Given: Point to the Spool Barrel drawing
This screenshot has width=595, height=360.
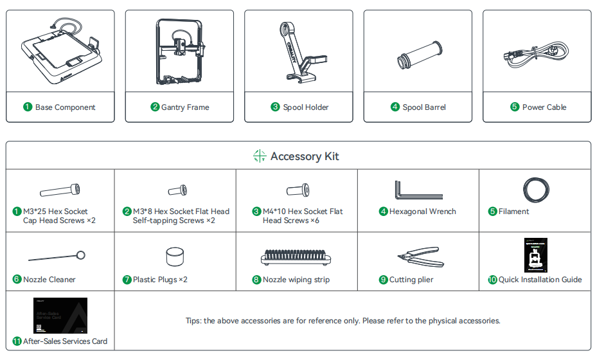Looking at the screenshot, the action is [x=420, y=55].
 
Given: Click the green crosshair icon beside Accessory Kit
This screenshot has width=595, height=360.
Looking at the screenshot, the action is [x=260, y=156].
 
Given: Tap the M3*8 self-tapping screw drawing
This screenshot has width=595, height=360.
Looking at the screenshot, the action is [x=177, y=190].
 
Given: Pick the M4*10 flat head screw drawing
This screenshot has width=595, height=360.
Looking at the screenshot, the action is [x=298, y=190].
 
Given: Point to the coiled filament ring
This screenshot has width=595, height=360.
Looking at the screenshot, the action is [x=525, y=190].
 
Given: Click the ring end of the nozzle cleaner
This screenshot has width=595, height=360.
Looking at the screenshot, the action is [x=80, y=255].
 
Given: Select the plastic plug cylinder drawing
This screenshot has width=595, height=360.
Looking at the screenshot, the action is [x=175, y=256].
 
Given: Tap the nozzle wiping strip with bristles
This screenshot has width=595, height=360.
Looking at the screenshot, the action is [x=296, y=257].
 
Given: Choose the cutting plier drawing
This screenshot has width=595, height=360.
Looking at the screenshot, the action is [x=420, y=257].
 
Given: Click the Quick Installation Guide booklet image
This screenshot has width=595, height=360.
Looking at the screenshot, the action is [x=536, y=255].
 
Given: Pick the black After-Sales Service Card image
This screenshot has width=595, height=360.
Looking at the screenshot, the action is [x=60, y=316].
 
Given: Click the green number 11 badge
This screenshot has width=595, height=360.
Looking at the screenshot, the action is [x=17, y=341].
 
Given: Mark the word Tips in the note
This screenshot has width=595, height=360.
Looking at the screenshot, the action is [x=193, y=321].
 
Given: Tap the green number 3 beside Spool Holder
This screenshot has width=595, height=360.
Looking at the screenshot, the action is [x=275, y=107].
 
